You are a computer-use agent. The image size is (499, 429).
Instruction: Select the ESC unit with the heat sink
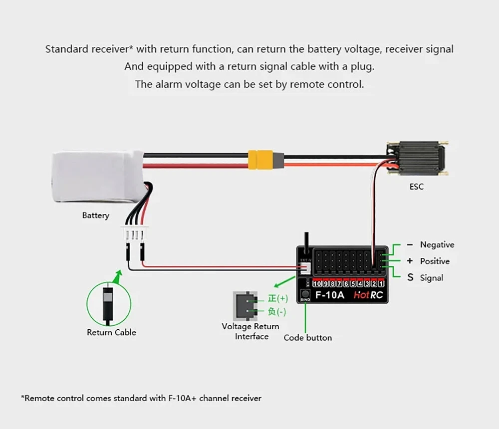click(417, 159)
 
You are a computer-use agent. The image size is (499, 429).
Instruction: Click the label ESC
click(416, 187)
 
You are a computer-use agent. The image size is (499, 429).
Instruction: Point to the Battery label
click(95, 215)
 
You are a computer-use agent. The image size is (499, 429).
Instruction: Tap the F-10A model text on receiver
click(329, 295)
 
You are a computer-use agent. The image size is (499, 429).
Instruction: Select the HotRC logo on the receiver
click(368, 295)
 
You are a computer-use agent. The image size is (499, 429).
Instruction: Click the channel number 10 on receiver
click(317, 284)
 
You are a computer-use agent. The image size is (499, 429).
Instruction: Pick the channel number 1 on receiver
click(381, 284)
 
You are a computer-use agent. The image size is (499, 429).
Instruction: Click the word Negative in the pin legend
click(437, 244)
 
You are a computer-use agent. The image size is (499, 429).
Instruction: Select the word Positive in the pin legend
click(435, 261)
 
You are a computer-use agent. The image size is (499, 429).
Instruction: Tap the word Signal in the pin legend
click(432, 278)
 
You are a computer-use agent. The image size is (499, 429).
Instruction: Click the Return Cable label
click(111, 332)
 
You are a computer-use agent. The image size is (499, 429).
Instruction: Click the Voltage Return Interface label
click(251, 331)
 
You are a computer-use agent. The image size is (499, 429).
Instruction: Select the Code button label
click(307, 338)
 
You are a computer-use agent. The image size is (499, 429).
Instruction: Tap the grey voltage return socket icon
click(244, 304)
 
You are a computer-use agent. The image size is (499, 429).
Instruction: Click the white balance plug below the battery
click(135, 233)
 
